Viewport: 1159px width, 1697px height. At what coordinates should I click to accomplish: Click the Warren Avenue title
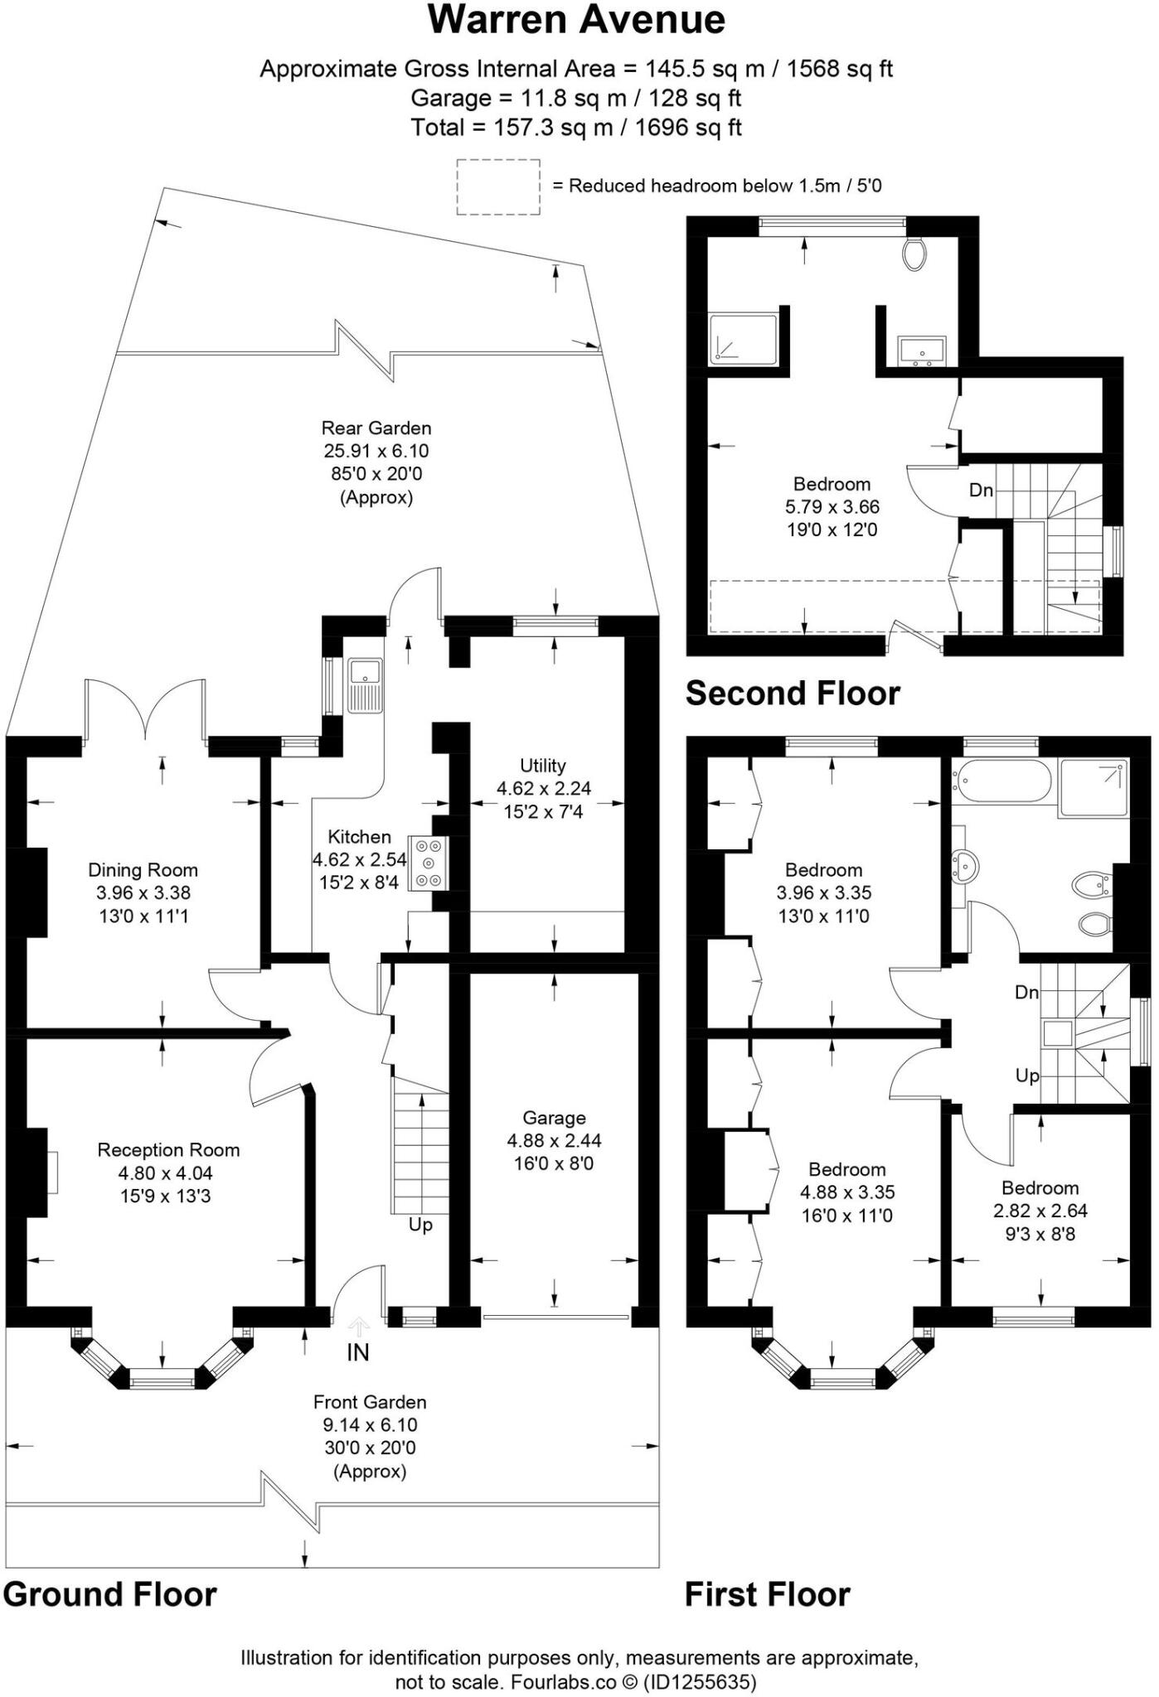(576, 20)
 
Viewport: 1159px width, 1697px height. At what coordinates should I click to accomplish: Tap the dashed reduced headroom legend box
(497, 187)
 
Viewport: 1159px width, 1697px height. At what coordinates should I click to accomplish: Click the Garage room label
(554, 1118)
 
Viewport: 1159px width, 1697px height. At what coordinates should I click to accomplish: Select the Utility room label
(543, 765)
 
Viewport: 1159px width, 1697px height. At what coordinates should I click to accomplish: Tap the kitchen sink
(365, 684)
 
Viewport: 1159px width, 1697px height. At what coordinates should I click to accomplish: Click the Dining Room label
(143, 870)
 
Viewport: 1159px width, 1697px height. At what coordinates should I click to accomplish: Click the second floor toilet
(914, 254)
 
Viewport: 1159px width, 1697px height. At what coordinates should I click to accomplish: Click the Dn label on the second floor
(981, 490)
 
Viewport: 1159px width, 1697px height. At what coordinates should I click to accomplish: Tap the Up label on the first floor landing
(1027, 1076)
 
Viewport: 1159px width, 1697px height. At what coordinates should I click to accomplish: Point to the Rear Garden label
(376, 428)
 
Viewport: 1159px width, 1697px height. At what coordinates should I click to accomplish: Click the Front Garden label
(370, 1402)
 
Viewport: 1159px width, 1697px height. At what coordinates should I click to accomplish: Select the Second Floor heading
(793, 694)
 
